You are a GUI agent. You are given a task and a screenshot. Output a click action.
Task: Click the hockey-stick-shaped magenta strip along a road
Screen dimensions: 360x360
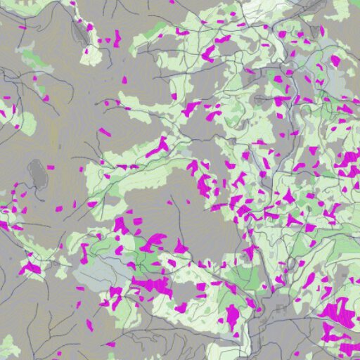(x=158, y=147)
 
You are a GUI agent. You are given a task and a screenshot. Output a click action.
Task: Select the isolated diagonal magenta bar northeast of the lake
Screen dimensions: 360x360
(x=105, y=131)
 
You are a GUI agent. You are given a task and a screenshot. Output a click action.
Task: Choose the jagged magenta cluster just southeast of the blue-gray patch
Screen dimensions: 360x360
(x=151, y=285)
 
